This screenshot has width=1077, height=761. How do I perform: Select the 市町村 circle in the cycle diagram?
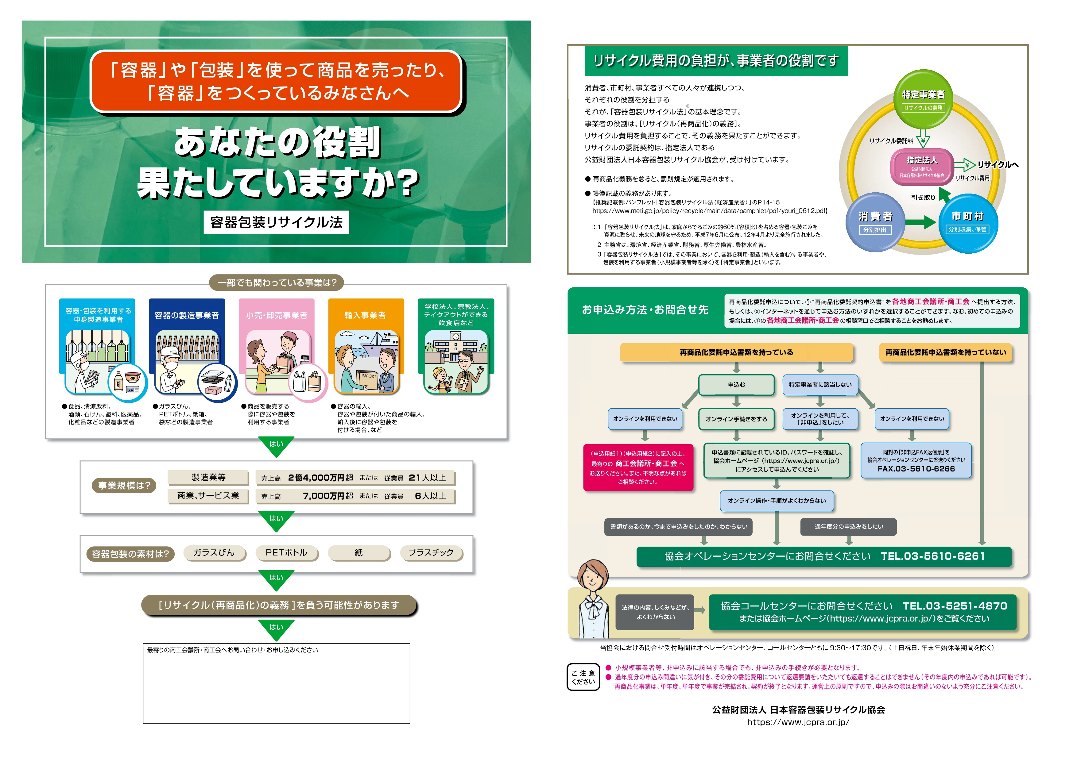click(x=968, y=222)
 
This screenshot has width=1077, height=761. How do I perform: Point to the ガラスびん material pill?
click(x=214, y=553)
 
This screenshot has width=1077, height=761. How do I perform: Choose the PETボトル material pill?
click(x=286, y=553)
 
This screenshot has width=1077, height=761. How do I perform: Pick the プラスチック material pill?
click(x=431, y=553)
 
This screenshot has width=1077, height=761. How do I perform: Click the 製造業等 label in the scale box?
click(x=208, y=477)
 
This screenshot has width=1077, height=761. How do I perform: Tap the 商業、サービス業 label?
click(x=208, y=496)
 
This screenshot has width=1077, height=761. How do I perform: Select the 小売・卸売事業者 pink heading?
click(x=276, y=315)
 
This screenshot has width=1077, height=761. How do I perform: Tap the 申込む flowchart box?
click(x=736, y=385)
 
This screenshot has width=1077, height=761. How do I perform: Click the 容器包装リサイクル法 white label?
click(x=276, y=222)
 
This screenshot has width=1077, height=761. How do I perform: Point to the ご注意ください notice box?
click(x=583, y=677)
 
